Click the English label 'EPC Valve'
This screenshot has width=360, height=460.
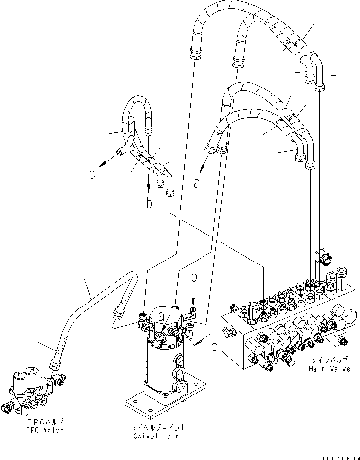coord(45,430)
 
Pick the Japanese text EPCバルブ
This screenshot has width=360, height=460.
coord(45,422)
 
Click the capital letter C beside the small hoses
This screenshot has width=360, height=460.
coord(92,175)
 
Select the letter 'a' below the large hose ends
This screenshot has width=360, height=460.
coord(197,183)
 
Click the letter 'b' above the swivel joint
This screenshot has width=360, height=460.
coord(194,278)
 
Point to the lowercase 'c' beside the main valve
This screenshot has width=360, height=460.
coord(214,348)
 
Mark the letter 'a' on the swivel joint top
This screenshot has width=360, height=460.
coord(162,318)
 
